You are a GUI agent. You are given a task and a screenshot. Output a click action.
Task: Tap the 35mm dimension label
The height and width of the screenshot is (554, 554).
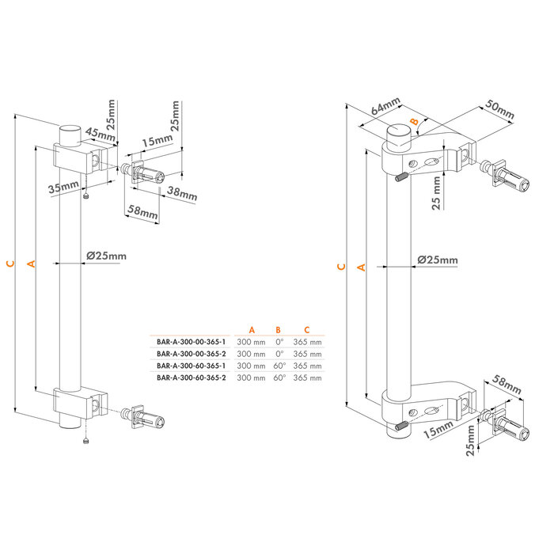(x=63, y=188)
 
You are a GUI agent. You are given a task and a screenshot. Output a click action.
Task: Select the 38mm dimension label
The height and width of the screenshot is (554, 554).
(x=183, y=192)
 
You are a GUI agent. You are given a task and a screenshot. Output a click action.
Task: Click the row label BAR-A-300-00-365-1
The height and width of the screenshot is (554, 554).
(x=191, y=342)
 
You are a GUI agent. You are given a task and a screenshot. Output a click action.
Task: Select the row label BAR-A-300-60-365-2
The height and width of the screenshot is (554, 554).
(x=191, y=378)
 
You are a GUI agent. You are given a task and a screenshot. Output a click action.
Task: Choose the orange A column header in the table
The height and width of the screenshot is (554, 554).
(x=252, y=329)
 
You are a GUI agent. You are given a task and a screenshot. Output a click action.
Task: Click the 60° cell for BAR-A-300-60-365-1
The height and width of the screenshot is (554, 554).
(x=279, y=366)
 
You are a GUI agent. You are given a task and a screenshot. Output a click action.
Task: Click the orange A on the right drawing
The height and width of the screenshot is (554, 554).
(x=362, y=268)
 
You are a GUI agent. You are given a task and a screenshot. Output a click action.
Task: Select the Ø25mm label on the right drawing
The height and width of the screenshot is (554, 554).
(x=437, y=260)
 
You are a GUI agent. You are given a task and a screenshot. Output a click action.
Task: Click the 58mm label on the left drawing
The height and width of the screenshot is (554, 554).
(x=143, y=214)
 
